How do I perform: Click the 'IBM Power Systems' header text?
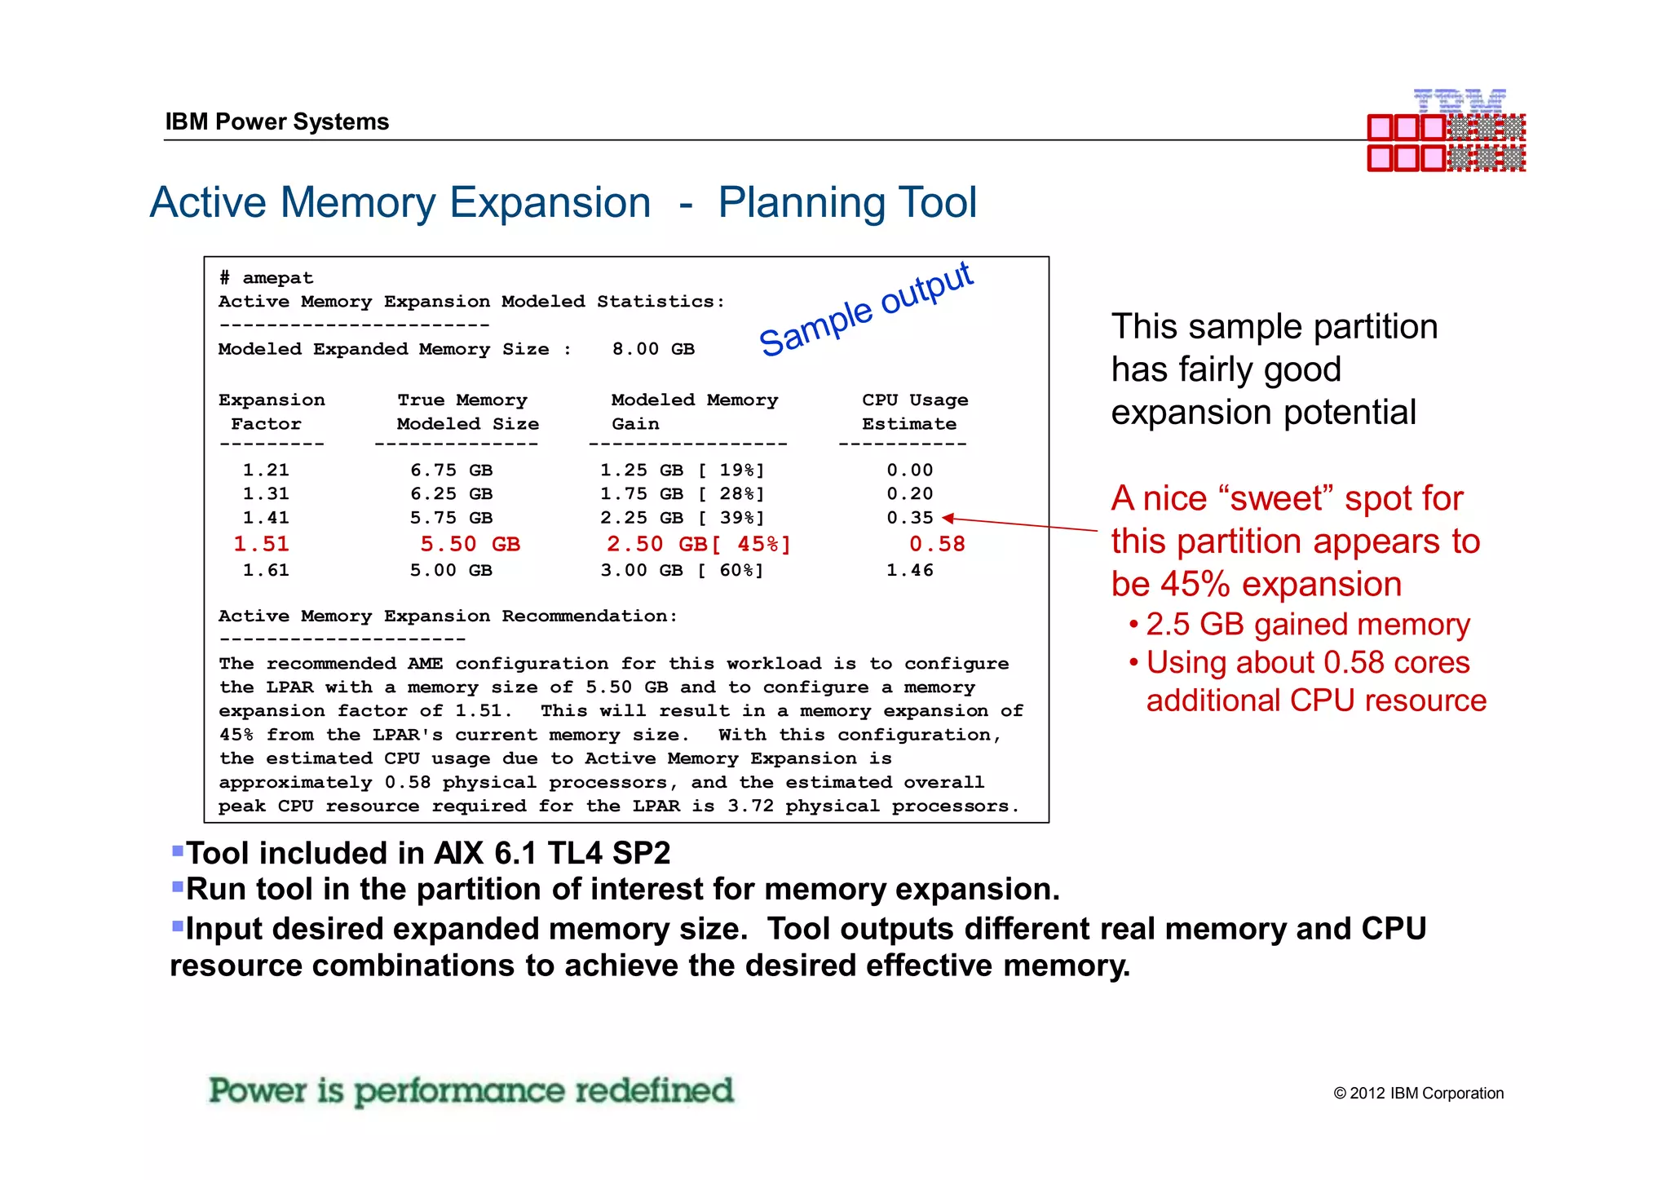tap(276, 122)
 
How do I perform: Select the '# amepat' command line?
tap(266, 278)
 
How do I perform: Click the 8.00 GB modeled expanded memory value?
tap(653, 349)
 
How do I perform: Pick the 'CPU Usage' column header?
tap(914, 400)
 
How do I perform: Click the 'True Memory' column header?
tap(462, 400)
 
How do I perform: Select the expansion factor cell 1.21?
tap(266, 470)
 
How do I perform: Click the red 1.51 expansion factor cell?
tap(261, 544)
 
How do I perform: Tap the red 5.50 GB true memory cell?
tap(470, 544)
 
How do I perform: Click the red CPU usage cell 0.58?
tap(937, 544)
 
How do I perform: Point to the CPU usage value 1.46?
tap(909, 570)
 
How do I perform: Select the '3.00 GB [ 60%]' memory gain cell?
tap(682, 570)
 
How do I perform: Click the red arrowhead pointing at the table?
tap(948, 518)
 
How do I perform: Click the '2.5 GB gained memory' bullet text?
tap(1307, 624)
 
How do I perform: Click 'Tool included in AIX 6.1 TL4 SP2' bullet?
tap(427, 853)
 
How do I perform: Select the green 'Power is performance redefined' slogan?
tap(471, 1090)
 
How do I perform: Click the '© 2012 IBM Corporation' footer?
tap(1418, 1093)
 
